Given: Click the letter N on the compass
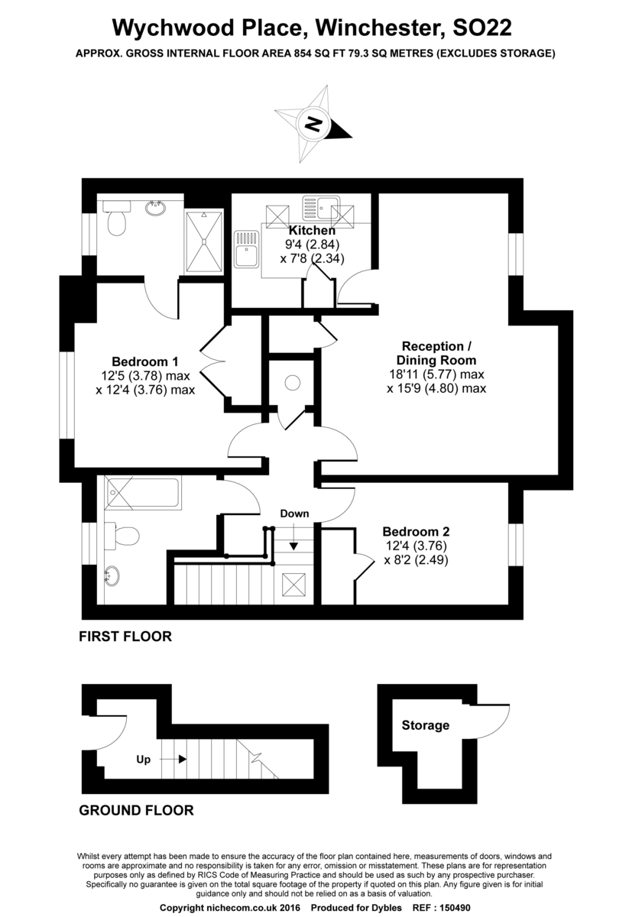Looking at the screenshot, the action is [x=314, y=124].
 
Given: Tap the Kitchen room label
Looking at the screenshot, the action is [x=312, y=230].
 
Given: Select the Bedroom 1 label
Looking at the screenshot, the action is [x=145, y=361].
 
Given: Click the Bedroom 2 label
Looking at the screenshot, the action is [x=416, y=531].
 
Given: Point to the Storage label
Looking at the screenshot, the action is [x=426, y=725].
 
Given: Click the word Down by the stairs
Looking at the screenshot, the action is [x=294, y=514].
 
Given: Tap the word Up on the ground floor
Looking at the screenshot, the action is [x=144, y=760].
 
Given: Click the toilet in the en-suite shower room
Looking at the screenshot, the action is [x=116, y=219].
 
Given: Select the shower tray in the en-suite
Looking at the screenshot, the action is [x=204, y=241].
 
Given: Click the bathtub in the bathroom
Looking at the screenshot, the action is [x=142, y=492].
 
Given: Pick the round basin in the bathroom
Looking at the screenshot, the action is [x=112, y=575].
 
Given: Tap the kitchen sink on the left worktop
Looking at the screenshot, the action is [x=247, y=249].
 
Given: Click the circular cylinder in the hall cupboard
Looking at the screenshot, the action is [x=293, y=383].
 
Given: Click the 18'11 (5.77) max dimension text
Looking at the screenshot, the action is [x=436, y=374].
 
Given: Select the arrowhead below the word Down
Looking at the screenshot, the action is [x=293, y=546].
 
